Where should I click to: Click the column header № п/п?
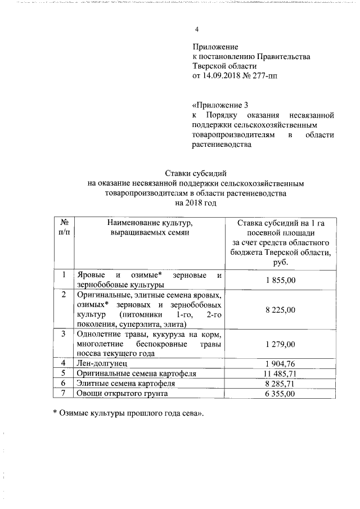click(x=65, y=228)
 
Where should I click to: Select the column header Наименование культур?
click(x=150, y=228)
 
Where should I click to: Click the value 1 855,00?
click(x=280, y=280)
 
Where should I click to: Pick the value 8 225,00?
click(x=280, y=309)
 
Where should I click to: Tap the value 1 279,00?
click(x=280, y=344)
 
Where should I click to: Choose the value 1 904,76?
click(x=280, y=363)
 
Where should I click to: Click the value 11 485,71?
click(x=280, y=373)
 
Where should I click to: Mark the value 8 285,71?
click(x=280, y=383)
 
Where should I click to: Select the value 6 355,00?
click(x=280, y=393)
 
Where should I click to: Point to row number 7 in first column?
click(x=64, y=393)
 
